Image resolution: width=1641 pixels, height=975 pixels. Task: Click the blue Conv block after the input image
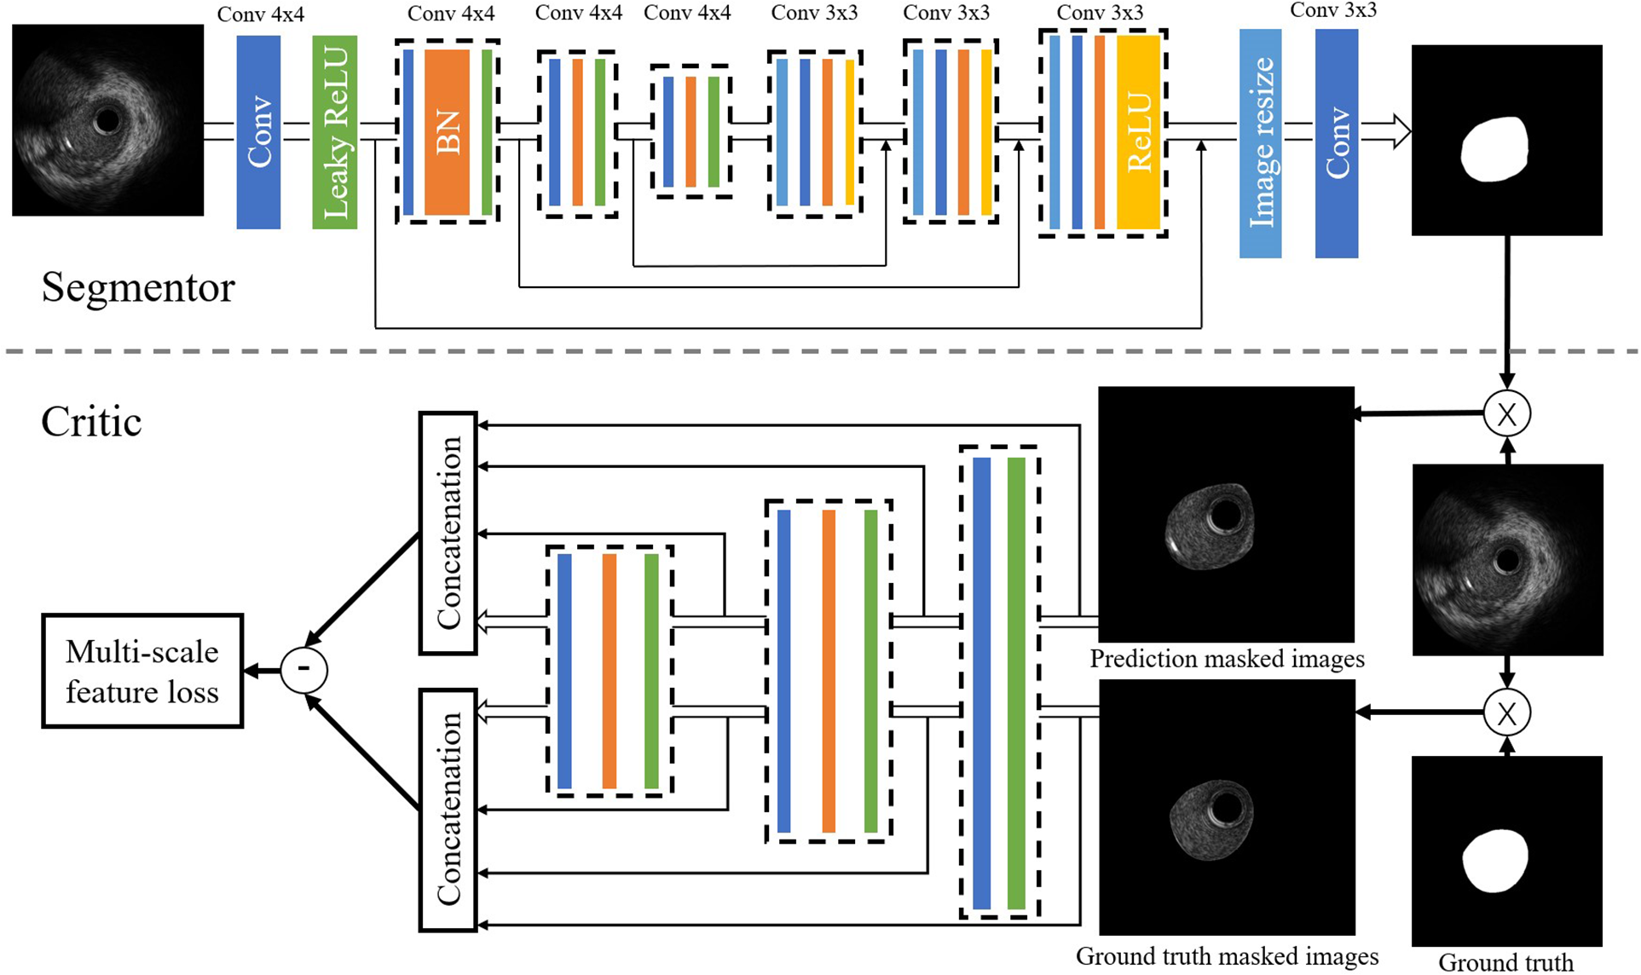coord(258,132)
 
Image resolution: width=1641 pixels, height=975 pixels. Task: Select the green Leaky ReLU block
coord(334,132)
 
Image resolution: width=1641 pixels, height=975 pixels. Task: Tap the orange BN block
coord(447,132)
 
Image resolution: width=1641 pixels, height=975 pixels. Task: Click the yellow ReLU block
coord(1138,132)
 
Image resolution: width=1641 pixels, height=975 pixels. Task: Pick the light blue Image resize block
coord(1260,143)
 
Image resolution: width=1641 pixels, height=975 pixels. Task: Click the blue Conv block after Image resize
coord(1336,143)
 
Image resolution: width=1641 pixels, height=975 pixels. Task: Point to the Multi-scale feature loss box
coord(142,671)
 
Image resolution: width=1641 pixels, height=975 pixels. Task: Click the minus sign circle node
coord(304,670)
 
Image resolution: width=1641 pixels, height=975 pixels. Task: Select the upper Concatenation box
coord(448,534)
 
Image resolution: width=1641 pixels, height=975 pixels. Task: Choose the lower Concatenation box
coord(448,810)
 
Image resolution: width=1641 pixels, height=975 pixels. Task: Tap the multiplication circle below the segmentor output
coord(1506,414)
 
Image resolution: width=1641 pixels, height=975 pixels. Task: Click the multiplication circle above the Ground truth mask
coord(1506,713)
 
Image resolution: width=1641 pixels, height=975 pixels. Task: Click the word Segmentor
coord(137,288)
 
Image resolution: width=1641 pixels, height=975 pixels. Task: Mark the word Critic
coord(91,422)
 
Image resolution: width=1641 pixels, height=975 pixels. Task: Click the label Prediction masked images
coord(1227,659)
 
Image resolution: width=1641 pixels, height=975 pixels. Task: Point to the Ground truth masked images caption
coord(1227,956)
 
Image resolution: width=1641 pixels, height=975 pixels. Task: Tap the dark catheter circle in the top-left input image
coord(107,121)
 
